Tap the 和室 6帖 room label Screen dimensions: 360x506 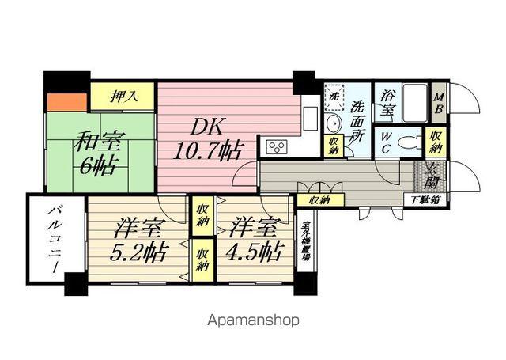coord(96,155)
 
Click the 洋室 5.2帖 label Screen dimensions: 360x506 coord(139,240)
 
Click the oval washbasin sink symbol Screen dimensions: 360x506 coord(333,124)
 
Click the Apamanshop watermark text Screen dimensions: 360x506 coord(253,321)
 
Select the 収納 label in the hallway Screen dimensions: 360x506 coord(319,200)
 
